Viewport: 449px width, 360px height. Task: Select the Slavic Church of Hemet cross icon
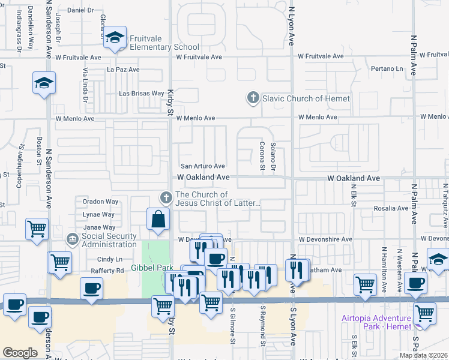253,98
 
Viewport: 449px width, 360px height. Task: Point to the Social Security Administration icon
73,240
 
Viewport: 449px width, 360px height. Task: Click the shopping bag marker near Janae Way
157,220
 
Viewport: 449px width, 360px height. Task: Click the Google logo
20,352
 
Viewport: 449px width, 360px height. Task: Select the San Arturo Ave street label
203,166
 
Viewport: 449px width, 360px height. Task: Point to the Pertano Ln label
387,70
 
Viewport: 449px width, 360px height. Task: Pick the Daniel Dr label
82,10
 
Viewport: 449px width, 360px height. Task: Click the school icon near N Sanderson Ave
44,83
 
